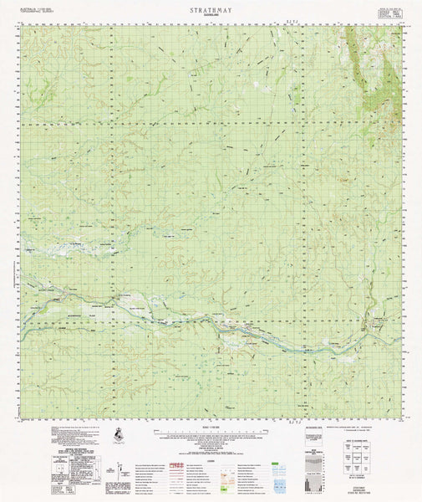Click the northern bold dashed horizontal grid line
coord(209,125)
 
